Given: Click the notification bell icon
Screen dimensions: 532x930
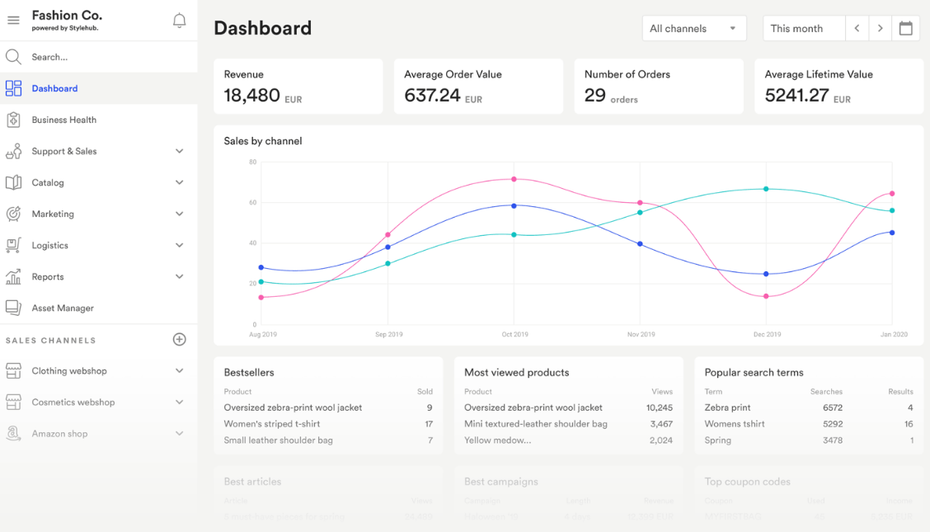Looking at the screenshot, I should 179,21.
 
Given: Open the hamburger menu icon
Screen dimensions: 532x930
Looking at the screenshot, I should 13,21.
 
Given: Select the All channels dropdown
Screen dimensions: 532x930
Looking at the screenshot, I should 693,28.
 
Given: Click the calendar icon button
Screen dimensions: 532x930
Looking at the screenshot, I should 905,28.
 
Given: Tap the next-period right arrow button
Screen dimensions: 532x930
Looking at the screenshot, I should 881,28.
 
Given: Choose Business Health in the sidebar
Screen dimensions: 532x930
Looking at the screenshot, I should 64,120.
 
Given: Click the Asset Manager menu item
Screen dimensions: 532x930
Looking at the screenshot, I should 63,308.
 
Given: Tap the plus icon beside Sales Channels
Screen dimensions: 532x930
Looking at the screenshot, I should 179,340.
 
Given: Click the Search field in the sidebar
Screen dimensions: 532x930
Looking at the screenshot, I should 49,57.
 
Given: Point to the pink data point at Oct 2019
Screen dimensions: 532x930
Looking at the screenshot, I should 514,179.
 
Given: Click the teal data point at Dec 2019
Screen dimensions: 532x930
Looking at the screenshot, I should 766,189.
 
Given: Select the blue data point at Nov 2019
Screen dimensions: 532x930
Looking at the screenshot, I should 640,244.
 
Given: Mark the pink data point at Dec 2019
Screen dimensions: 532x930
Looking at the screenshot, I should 766,296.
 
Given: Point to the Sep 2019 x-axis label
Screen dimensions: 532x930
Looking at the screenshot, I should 389,334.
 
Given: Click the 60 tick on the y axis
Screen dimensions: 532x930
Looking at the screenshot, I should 252,202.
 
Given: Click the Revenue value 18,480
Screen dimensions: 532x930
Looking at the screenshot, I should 252,96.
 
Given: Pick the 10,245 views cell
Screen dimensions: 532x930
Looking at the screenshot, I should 659,407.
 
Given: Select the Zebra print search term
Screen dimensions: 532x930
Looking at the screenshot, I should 727,407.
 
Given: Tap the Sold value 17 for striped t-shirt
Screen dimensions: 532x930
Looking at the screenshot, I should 429,424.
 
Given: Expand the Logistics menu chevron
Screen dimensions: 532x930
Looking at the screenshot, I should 179,245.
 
